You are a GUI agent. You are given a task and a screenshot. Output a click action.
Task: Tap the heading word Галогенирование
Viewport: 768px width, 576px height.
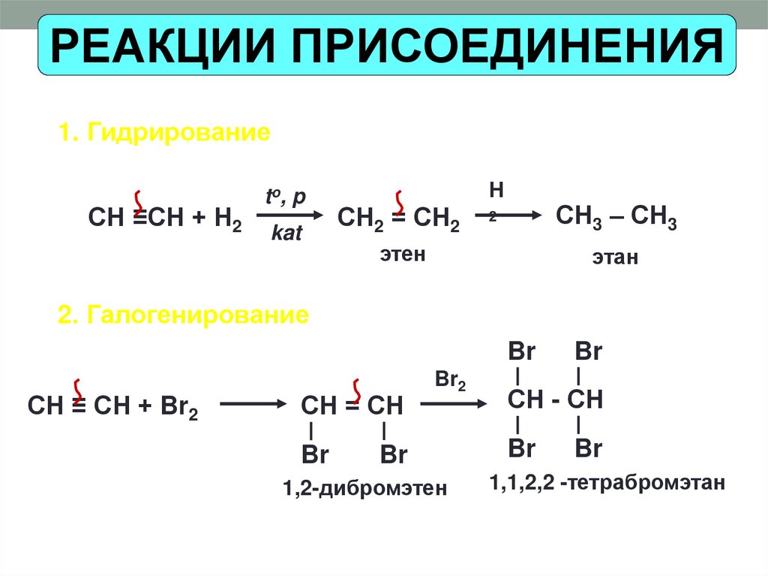[x=198, y=314]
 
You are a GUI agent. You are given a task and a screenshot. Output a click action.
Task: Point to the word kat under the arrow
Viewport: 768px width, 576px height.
[x=286, y=234]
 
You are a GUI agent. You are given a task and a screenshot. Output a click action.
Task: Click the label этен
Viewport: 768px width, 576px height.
[x=402, y=255]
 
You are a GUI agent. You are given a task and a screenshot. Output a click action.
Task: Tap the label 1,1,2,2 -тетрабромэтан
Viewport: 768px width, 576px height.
[x=608, y=482]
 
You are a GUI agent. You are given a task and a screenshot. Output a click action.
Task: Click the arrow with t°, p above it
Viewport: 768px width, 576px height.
[x=289, y=216]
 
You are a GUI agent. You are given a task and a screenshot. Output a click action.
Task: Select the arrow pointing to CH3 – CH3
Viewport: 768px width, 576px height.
[x=517, y=216]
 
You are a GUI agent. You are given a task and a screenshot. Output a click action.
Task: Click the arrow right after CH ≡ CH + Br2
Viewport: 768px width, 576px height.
[x=249, y=406]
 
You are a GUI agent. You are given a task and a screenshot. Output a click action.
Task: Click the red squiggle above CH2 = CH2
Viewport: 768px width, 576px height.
[x=400, y=201]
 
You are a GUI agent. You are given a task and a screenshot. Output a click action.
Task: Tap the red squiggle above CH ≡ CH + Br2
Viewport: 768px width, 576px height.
[x=78, y=388]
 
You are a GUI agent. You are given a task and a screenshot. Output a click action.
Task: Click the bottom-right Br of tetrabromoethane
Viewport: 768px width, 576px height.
[x=589, y=449]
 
